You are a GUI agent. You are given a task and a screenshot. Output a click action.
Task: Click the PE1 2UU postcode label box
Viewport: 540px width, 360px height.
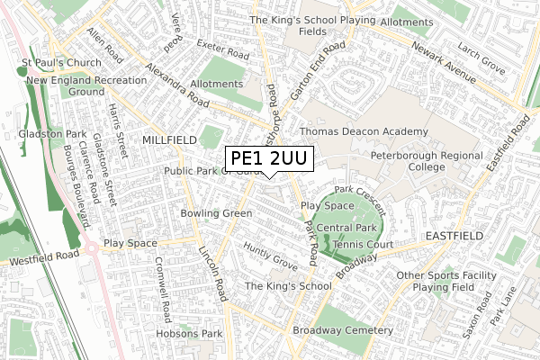[269, 159]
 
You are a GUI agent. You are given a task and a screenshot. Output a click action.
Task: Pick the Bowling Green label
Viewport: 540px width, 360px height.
[216, 213]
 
